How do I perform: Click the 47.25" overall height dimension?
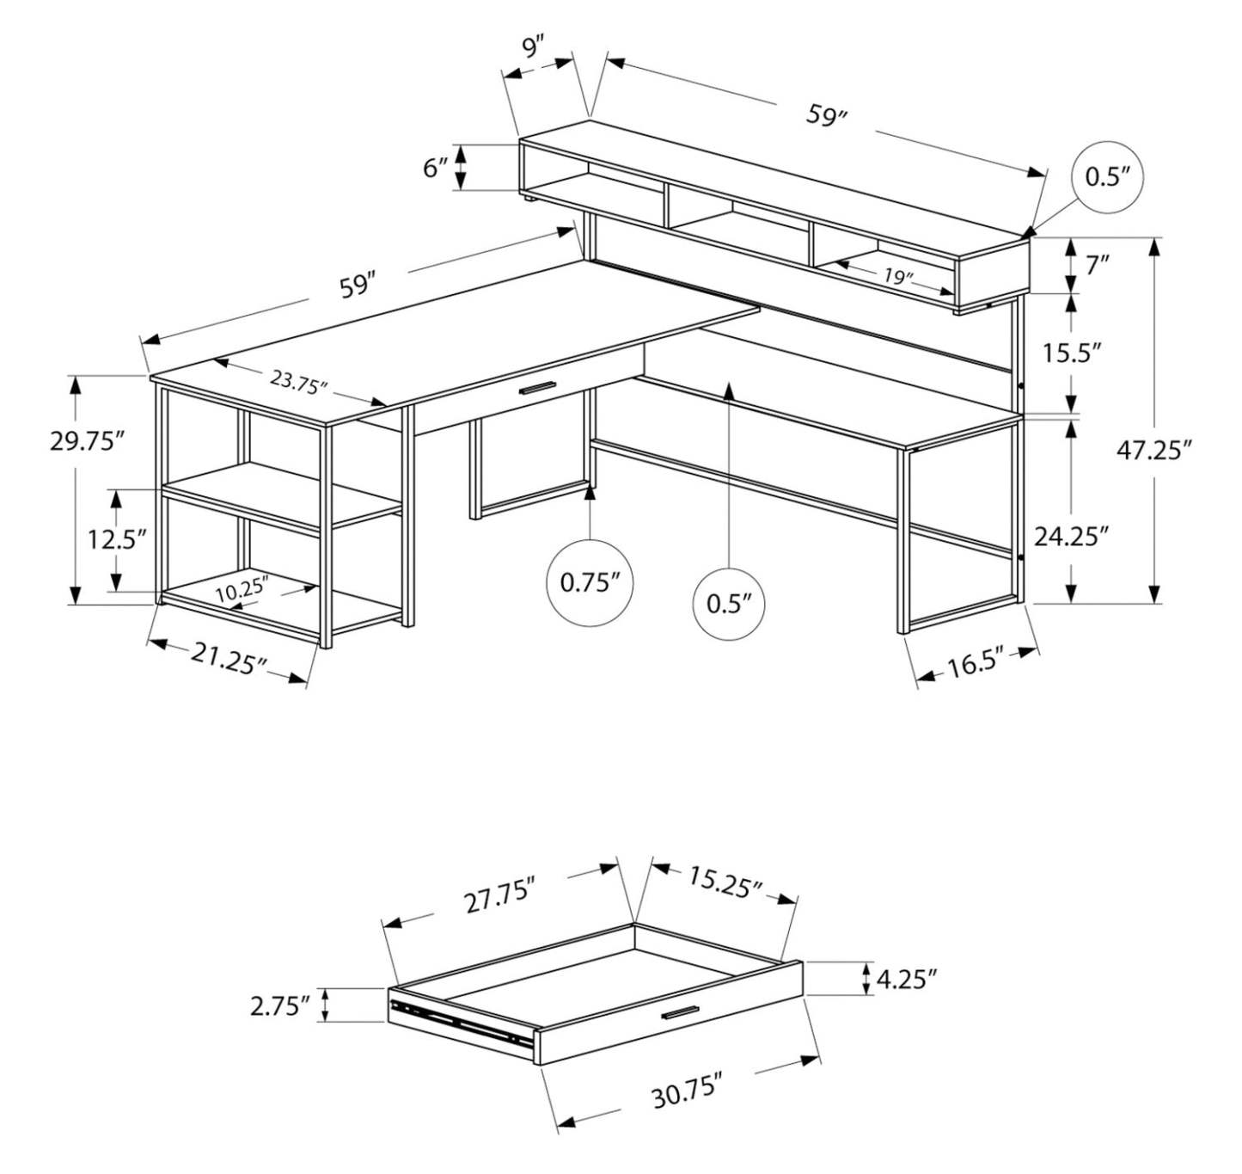(x=1154, y=450)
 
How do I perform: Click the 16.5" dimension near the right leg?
(x=976, y=664)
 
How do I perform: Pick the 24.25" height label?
(x=1070, y=537)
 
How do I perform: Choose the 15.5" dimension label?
(x=1072, y=353)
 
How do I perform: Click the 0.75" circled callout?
(x=590, y=582)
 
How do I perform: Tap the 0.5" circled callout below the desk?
(x=729, y=602)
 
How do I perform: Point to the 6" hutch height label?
(x=436, y=168)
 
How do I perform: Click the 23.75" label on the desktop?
(x=298, y=381)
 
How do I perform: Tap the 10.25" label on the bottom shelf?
(x=242, y=592)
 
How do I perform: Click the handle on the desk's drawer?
(x=536, y=389)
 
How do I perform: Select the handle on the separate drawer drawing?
(x=681, y=1013)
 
